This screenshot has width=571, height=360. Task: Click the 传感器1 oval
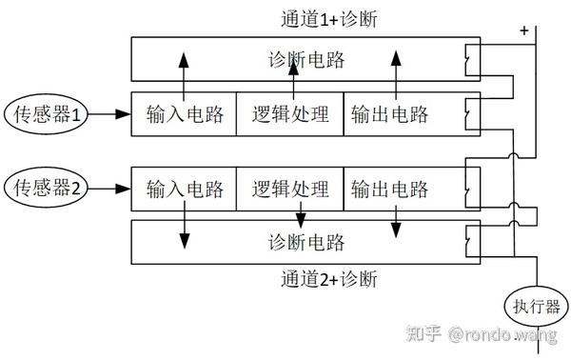pos(49,115)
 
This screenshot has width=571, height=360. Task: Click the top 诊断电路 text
pos(305,61)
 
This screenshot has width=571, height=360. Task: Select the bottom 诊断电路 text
pos(305,240)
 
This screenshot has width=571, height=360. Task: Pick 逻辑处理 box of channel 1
pos(290,115)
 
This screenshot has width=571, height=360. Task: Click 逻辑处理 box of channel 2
pos(290,188)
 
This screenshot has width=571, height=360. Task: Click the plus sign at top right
pos(523,30)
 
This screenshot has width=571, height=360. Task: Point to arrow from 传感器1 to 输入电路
pos(116,115)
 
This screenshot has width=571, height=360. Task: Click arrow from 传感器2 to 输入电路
pos(116,188)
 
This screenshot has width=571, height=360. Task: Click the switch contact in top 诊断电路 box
pos(466,62)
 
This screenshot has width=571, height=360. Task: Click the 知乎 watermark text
pos(424,334)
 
